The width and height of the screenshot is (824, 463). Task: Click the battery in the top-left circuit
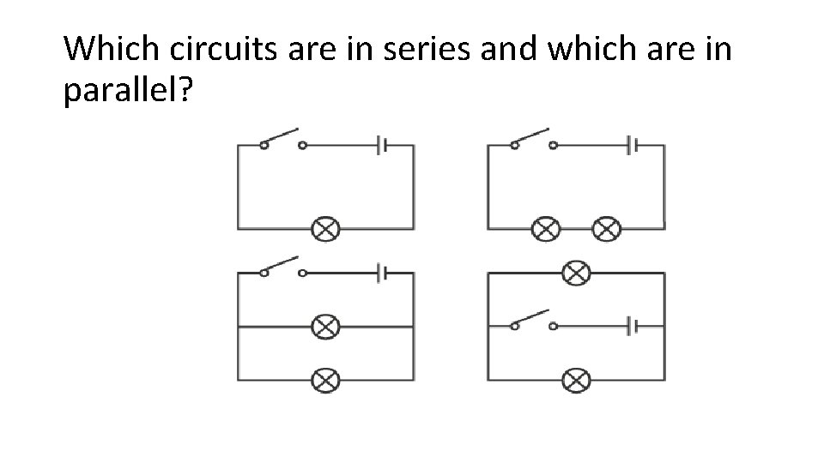pos(383,145)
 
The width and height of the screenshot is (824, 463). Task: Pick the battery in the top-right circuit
pos(633,145)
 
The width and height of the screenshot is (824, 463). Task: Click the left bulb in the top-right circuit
pos(546,228)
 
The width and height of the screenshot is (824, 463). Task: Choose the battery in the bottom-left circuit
pos(383,274)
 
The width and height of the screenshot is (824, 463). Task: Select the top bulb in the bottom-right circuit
pos(576,274)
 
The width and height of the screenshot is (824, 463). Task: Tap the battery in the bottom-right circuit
pos(633,327)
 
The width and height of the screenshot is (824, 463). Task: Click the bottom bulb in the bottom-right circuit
pos(576,380)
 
